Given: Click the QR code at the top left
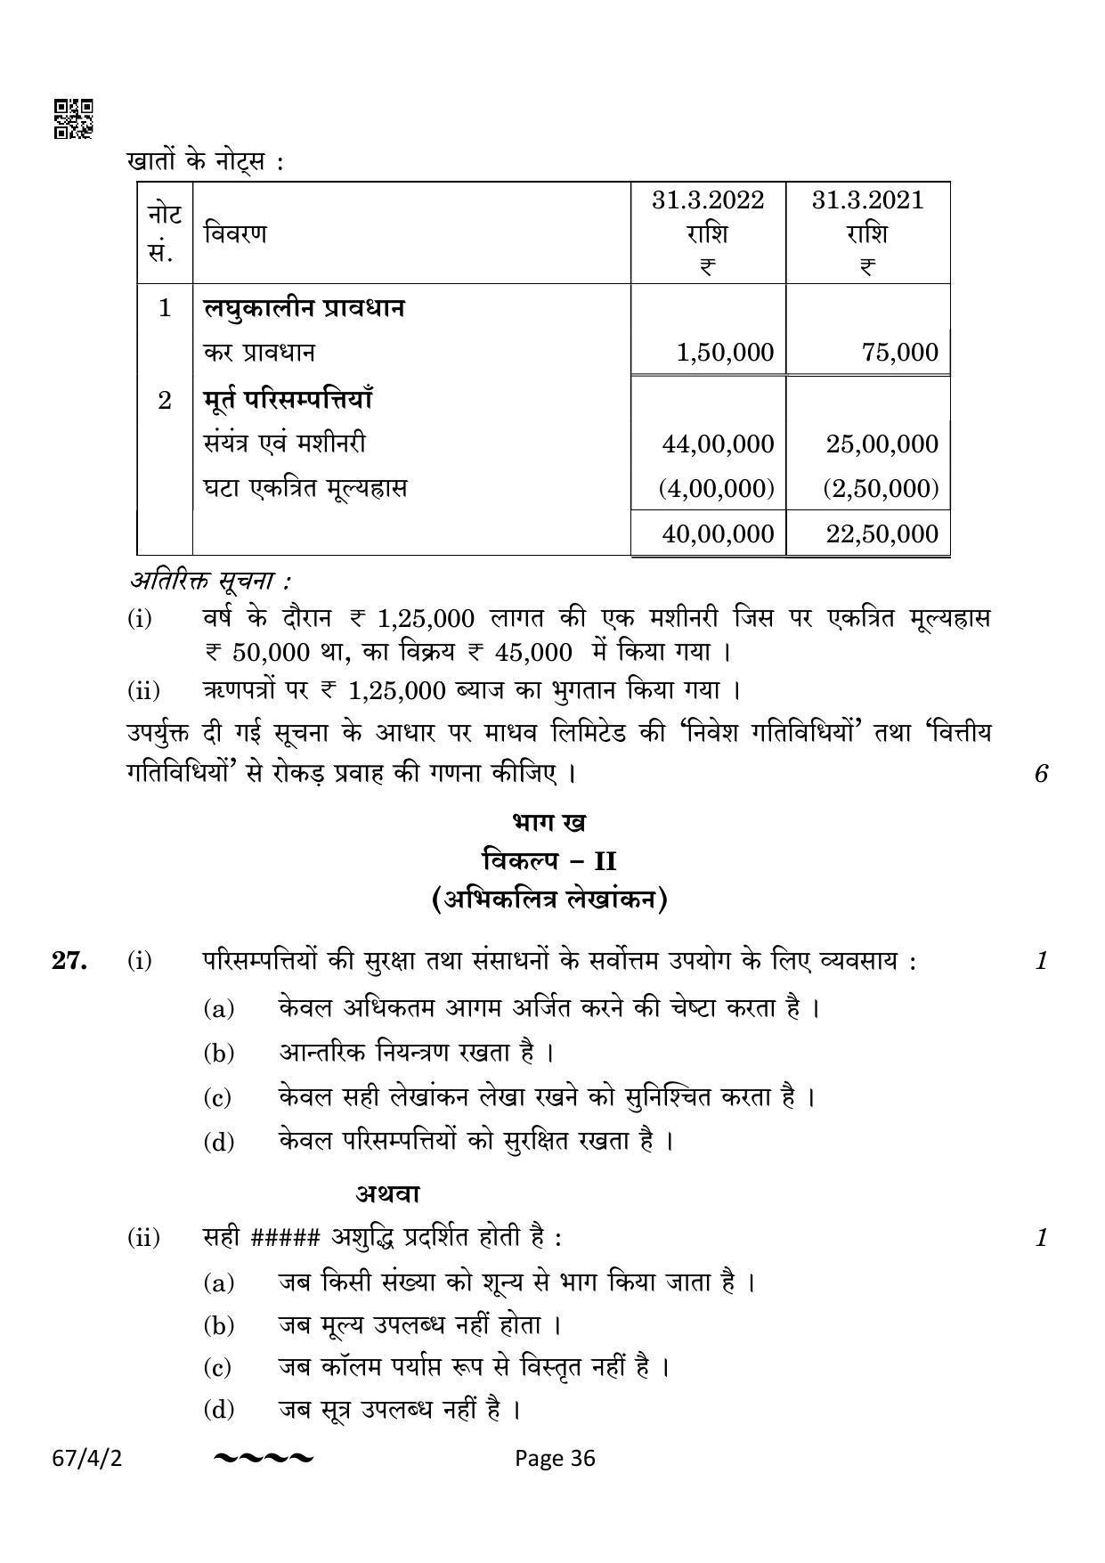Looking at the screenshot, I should [x=74, y=119].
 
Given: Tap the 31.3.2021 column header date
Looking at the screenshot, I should [x=867, y=199].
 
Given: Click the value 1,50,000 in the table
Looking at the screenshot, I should [x=725, y=353].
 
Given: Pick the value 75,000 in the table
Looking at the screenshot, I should [x=899, y=353].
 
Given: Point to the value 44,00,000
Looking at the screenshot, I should [x=718, y=444].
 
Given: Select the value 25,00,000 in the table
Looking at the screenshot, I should [x=882, y=444].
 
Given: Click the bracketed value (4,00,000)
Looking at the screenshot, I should [x=716, y=488].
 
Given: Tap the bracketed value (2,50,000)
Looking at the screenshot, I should [x=880, y=488].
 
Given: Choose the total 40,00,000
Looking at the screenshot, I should [x=718, y=533].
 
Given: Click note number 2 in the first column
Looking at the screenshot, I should [x=165, y=400].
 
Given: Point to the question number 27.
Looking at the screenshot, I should [x=69, y=961].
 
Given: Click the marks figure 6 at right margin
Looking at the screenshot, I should [x=1041, y=773].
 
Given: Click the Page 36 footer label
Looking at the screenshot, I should [x=555, y=1458].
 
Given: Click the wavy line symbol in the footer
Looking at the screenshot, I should [x=264, y=1458].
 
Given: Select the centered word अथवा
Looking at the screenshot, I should [x=388, y=1193].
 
